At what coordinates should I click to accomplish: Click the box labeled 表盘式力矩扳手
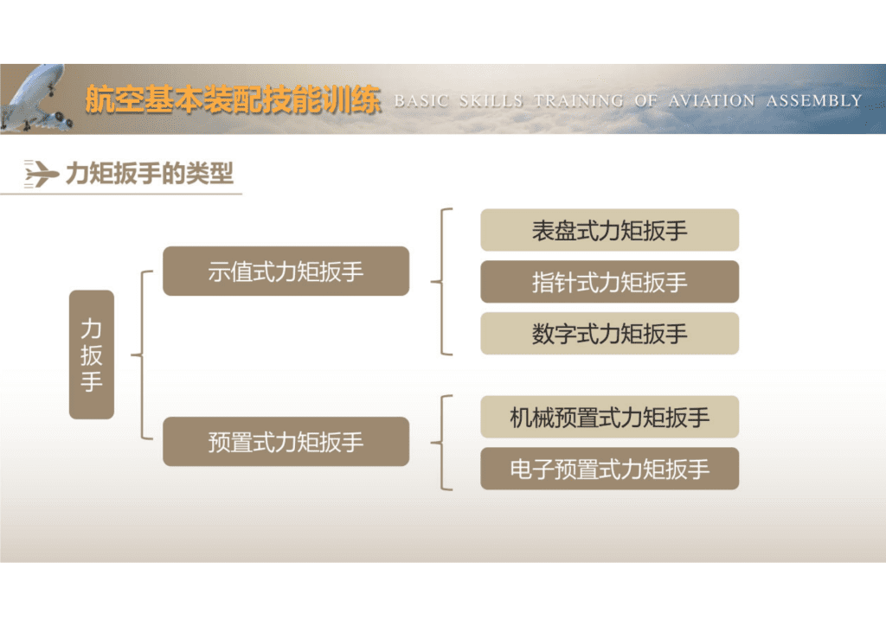pyautogui.click(x=609, y=230)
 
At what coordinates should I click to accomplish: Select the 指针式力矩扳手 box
pyautogui.click(x=609, y=282)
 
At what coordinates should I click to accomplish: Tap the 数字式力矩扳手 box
pyautogui.click(x=609, y=334)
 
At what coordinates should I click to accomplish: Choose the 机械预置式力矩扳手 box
pyautogui.click(x=609, y=417)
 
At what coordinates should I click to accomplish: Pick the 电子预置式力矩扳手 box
pyautogui.click(x=609, y=469)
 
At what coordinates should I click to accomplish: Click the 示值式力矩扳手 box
pyautogui.click(x=286, y=271)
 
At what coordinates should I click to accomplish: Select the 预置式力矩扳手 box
pyautogui.click(x=286, y=442)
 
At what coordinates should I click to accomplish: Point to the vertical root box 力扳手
pyautogui.click(x=92, y=355)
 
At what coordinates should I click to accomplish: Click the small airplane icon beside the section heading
pyautogui.click(x=41, y=174)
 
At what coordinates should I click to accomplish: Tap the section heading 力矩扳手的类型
pyautogui.click(x=150, y=174)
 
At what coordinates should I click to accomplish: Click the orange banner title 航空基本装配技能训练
pyautogui.click(x=233, y=100)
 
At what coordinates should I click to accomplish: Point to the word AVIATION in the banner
pyautogui.click(x=710, y=100)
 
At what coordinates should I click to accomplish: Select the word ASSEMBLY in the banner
pyautogui.click(x=814, y=100)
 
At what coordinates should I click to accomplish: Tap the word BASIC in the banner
pyautogui.click(x=421, y=100)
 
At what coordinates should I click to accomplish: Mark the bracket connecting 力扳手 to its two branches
pyautogui.click(x=142, y=355)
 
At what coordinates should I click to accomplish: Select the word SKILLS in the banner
pyautogui.click(x=491, y=100)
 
